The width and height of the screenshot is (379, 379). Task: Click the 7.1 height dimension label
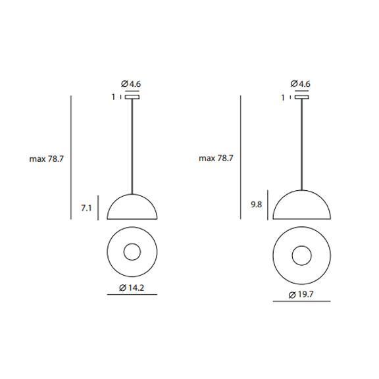tap(86, 208)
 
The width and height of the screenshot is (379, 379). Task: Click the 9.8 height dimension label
tap(256, 205)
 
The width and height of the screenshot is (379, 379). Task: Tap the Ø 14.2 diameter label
tap(132, 288)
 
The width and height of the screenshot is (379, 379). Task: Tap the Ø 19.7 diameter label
tap(301, 294)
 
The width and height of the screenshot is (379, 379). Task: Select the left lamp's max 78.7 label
tap(47, 159)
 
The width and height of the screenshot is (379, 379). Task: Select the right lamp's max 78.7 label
tap(216, 159)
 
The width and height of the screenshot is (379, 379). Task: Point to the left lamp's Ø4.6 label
tap(131, 84)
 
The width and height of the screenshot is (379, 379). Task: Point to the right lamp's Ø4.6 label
tap(301, 84)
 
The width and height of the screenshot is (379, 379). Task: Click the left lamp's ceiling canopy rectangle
tap(132, 97)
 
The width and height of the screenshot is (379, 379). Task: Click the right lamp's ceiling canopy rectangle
tap(301, 97)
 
